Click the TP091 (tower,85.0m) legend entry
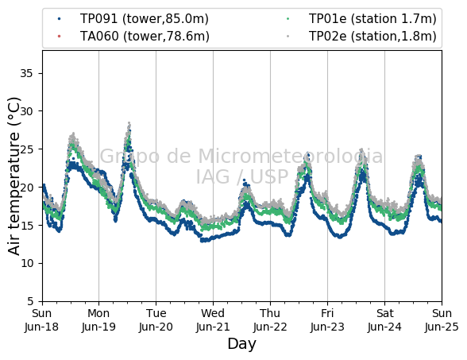coord(133,19)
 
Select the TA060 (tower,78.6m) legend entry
coord(133,36)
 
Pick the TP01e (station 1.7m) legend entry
coord(361,19)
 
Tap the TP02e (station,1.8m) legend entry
coord(361,36)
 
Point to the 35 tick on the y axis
coord(26,73)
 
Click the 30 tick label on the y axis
coord(26,111)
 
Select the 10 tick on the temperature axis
coord(26,264)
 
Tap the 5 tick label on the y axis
coord(30,301)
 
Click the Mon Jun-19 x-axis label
coord(98,320)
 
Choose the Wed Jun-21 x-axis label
coord(213,320)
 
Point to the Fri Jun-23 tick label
coord(327,320)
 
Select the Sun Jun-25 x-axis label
coord(442,320)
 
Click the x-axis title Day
coord(241,345)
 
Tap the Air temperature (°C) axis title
coord(14,176)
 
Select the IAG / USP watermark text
coord(242,176)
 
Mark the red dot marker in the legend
coord(59,36)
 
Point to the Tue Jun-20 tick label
coord(156,320)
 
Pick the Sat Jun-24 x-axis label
coord(384,320)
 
